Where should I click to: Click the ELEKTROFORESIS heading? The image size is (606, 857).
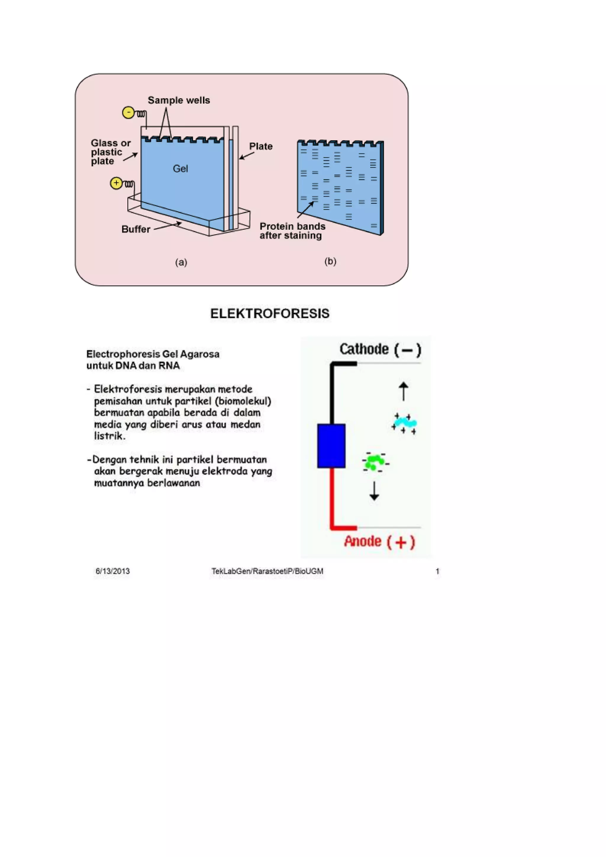tap(270, 314)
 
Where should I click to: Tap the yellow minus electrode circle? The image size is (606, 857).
tap(128, 112)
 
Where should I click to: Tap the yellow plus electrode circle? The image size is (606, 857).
tap(116, 183)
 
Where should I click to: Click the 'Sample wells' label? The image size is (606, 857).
tap(179, 100)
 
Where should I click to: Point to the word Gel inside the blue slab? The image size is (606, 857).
tap(180, 169)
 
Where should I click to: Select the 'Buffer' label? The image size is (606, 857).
tap(136, 229)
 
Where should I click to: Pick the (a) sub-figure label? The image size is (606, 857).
tap(181, 262)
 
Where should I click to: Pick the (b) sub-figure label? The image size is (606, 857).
tap(330, 261)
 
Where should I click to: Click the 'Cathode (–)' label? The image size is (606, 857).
tap(380, 350)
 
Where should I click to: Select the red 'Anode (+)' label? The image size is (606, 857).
tap(379, 542)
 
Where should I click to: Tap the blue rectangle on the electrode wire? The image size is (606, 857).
tap(331, 446)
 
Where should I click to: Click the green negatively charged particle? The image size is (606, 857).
tap(375, 462)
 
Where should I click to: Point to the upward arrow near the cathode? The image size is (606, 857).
tap(403, 391)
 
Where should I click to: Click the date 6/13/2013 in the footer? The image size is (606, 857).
tap(113, 571)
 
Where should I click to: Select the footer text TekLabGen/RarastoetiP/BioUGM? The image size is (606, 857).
tap(267, 571)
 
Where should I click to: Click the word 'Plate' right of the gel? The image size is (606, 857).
tap(261, 146)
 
